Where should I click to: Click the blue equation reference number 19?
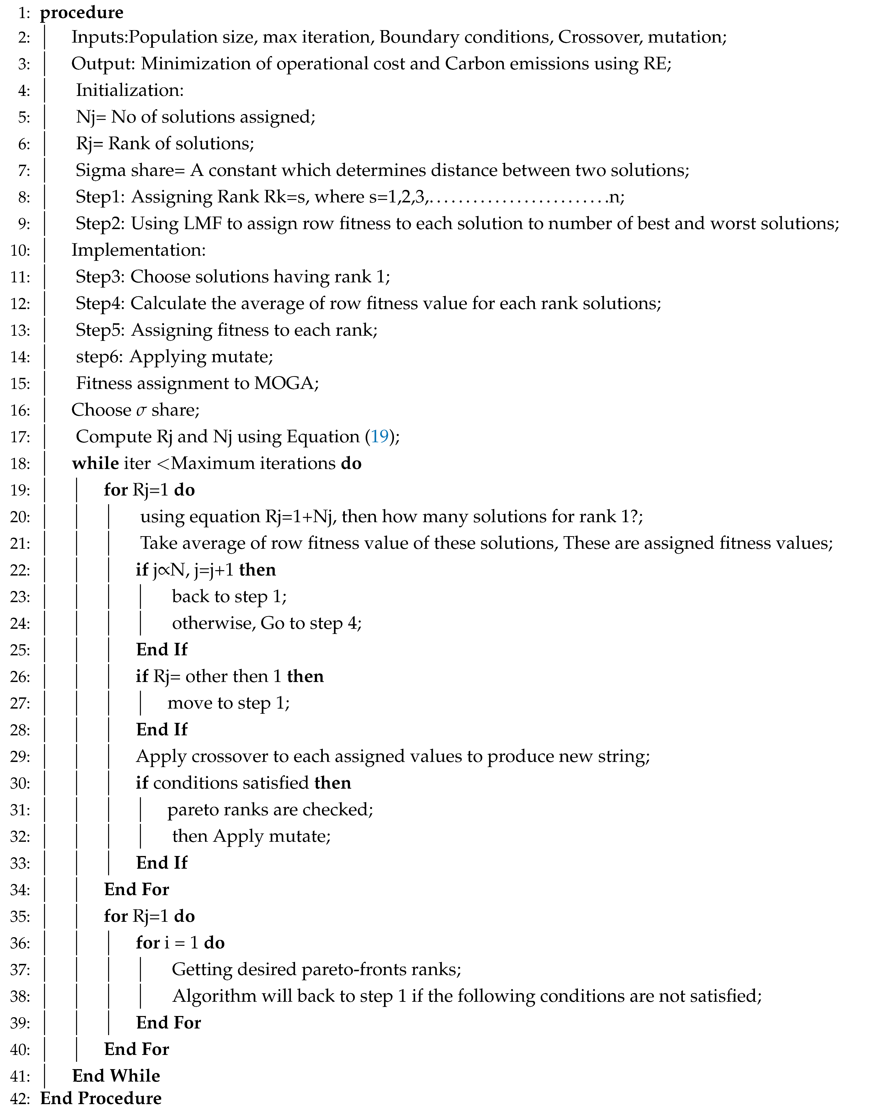380,437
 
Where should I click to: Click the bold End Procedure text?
101,1098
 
